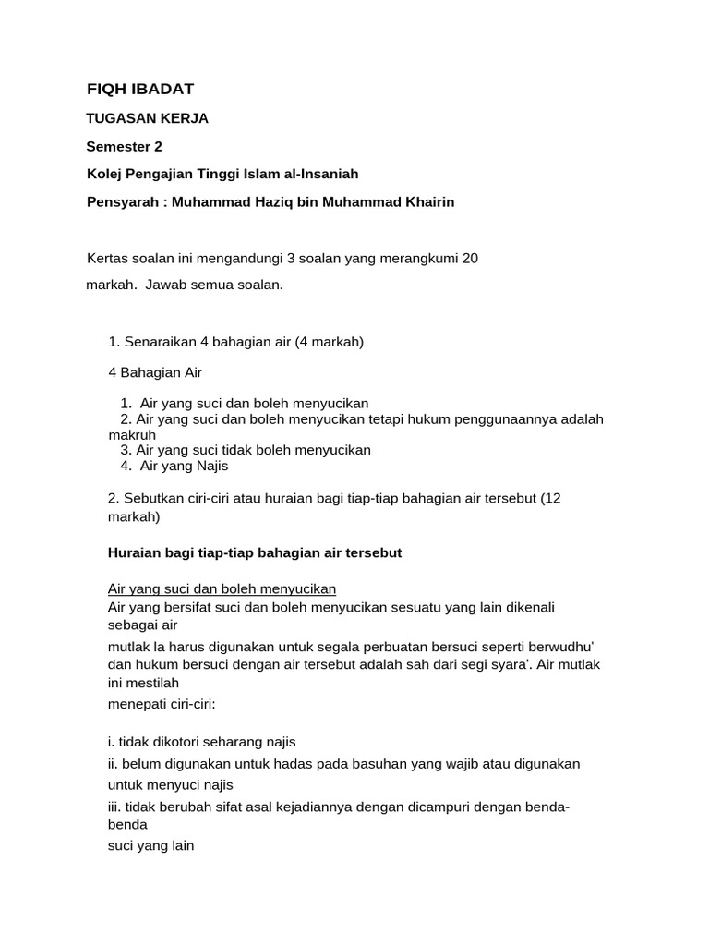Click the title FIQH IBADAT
pyautogui.click(x=140, y=89)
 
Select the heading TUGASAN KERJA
pyautogui.click(x=147, y=118)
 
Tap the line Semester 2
pyautogui.click(x=124, y=146)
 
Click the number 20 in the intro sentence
pyautogui.click(x=470, y=258)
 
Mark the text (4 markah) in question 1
pyautogui.click(x=330, y=342)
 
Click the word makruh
pyautogui.click(x=132, y=434)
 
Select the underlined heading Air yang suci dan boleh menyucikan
pyautogui.click(x=222, y=588)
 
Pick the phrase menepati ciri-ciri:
pyautogui.click(x=162, y=703)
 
